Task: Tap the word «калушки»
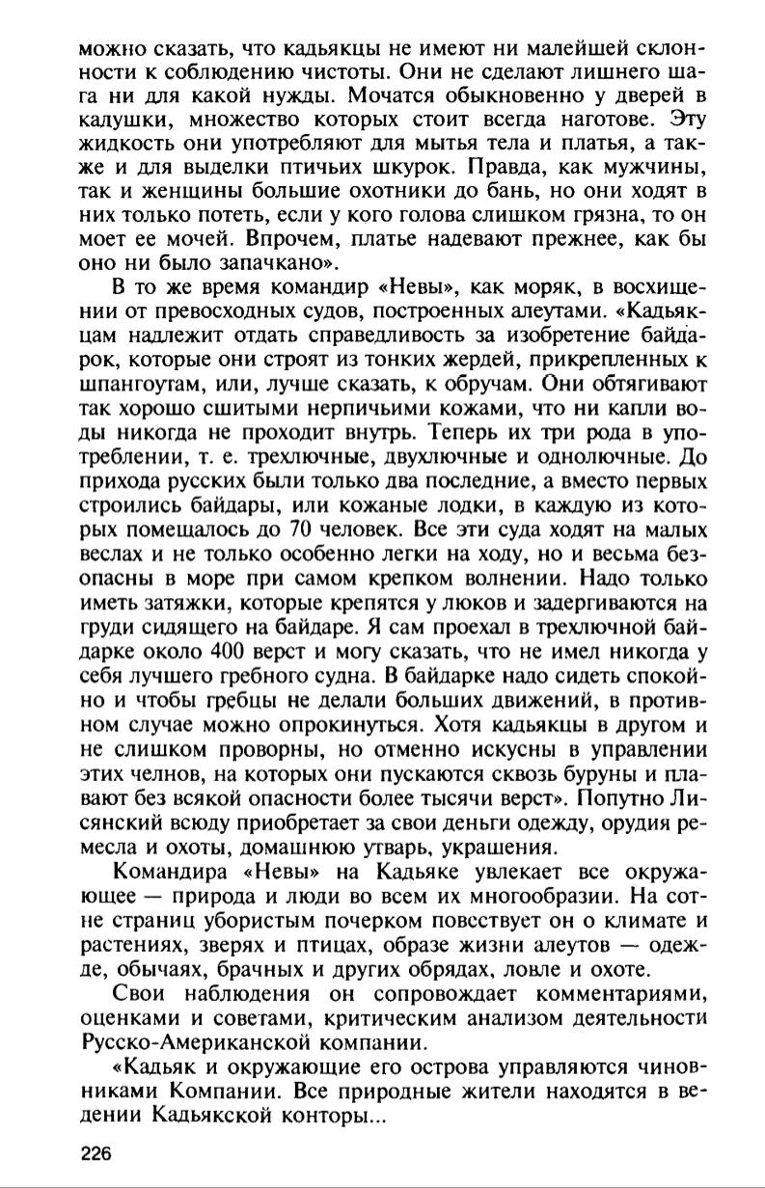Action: pos(119,120)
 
